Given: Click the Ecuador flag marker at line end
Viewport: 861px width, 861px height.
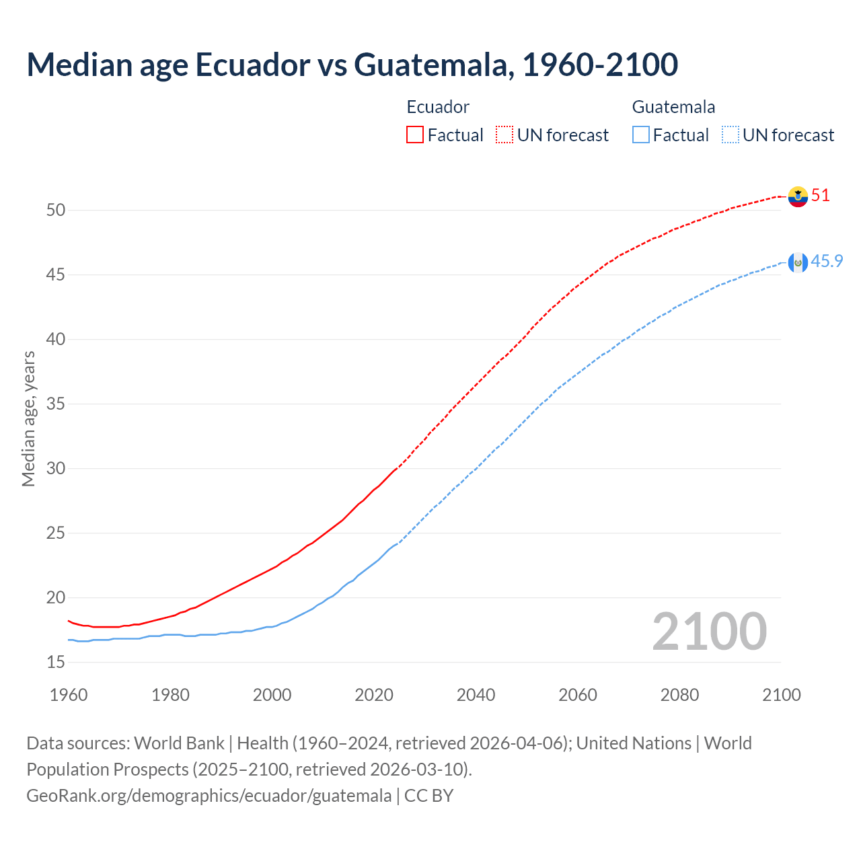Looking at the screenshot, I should pyautogui.click(x=798, y=196).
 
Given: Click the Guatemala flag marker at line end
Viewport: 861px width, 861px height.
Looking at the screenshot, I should pyautogui.click(x=798, y=262).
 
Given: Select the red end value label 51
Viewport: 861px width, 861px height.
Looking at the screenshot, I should pyautogui.click(x=821, y=196).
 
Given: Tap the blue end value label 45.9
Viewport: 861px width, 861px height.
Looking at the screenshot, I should pyautogui.click(x=827, y=262).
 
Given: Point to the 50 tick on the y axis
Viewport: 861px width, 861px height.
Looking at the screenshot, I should pyautogui.click(x=56, y=211).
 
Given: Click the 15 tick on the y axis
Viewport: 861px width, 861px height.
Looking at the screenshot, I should pyautogui.click(x=56, y=663).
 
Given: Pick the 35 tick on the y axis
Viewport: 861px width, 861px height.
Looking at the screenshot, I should pyautogui.click(x=56, y=404).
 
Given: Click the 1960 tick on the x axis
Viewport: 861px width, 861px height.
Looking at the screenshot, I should pyautogui.click(x=69, y=695).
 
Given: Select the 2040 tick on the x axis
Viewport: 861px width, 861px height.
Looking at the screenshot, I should pyautogui.click(x=476, y=695).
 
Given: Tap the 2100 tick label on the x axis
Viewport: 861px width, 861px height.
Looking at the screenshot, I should pyautogui.click(x=781, y=695).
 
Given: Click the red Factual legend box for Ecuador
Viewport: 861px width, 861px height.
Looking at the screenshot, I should pyautogui.click(x=415, y=135).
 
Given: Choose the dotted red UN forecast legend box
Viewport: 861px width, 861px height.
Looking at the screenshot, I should pyautogui.click(x=504, y=135).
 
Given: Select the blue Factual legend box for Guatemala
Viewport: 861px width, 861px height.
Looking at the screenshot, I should pyautogui.click(x=641, y=135).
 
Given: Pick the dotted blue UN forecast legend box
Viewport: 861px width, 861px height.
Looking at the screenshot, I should pyautogui.click(x=730, y=135).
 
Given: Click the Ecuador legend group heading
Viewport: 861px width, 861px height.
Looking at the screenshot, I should pyautogui.click(x=438, y=107).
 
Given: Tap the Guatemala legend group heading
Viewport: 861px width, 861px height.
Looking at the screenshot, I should pyautogui.click(x=673, y=107).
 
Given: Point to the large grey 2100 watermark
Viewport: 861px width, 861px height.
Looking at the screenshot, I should pyautogui.click(x=709, y=632).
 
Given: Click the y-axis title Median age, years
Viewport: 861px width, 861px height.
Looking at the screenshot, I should pyautogui.click(x=28, y=418).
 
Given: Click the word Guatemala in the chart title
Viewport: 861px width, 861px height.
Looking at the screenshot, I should pyautogui.click(x=430, y=65).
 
